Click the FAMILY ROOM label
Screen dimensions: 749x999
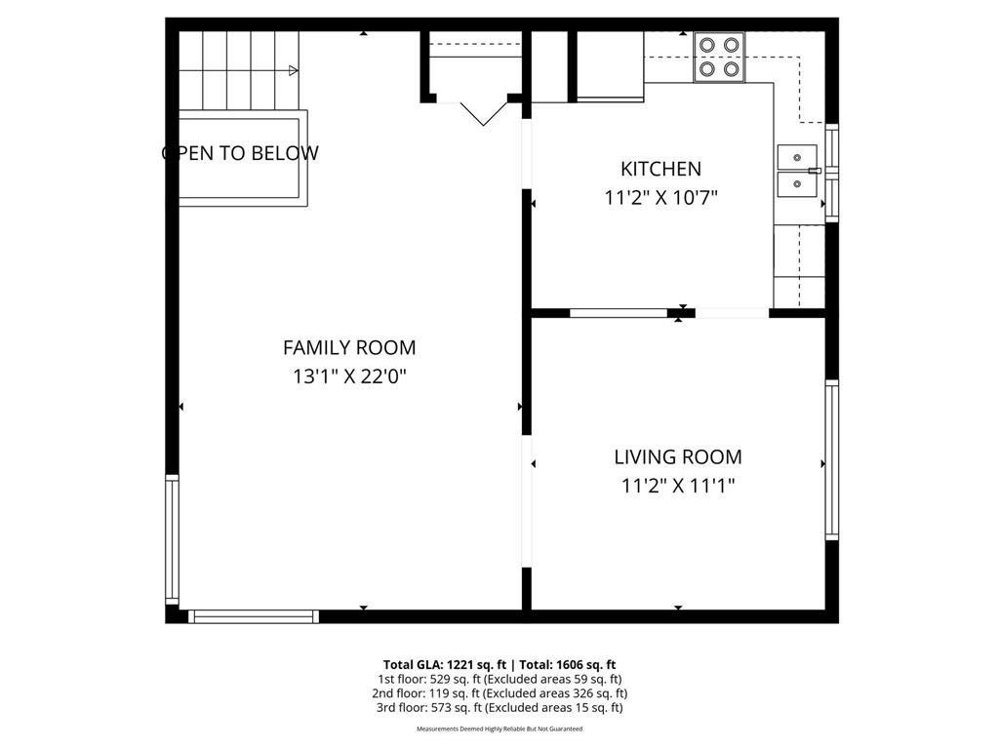tap(348, 347)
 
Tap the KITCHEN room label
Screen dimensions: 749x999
tap(660, 169)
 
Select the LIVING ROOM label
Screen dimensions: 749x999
tap(677, 456)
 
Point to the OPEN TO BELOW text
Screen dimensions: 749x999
tap(240, 153)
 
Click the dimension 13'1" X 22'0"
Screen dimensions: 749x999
tap(348, 376)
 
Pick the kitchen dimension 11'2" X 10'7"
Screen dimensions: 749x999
tap(660, 198)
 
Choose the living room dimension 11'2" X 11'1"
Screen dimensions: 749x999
tap(677, 486)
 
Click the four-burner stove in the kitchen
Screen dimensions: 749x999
tap(718, 57)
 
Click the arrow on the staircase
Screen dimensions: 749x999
tap(292, 70)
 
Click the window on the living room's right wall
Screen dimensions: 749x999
tap(831, 459)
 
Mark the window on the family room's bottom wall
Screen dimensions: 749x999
tap(253, 616)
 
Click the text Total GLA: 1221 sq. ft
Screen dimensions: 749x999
tap(442, 664)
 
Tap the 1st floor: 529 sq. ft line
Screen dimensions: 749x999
tap(499, 679)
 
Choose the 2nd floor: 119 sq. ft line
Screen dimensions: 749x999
tap(499, 693)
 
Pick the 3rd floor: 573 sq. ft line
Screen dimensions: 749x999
tap(499, 708)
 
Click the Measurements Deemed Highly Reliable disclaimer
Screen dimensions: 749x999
tap(499, 729)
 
